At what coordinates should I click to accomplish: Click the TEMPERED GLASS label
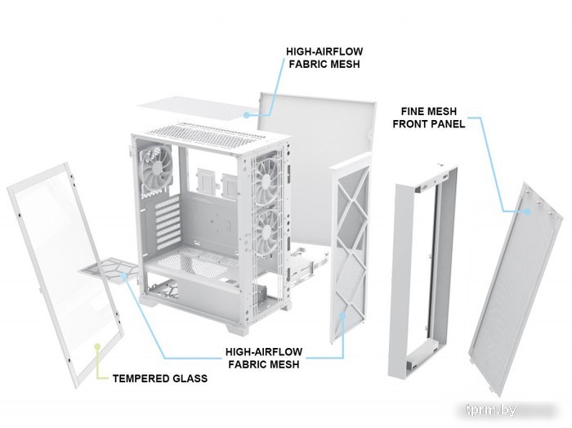160,378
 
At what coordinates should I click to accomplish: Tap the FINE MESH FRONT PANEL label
429,118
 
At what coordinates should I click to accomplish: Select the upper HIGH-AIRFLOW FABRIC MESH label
324,58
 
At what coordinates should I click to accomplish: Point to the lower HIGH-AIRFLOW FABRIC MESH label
264,358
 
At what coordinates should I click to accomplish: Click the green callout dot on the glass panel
97,346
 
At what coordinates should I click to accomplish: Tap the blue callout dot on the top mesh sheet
247,115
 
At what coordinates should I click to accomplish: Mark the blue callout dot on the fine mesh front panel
528,211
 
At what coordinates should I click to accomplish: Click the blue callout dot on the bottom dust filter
124,275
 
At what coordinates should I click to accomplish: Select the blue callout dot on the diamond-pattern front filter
342,315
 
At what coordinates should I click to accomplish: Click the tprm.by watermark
491,410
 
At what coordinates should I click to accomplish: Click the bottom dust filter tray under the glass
109,270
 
